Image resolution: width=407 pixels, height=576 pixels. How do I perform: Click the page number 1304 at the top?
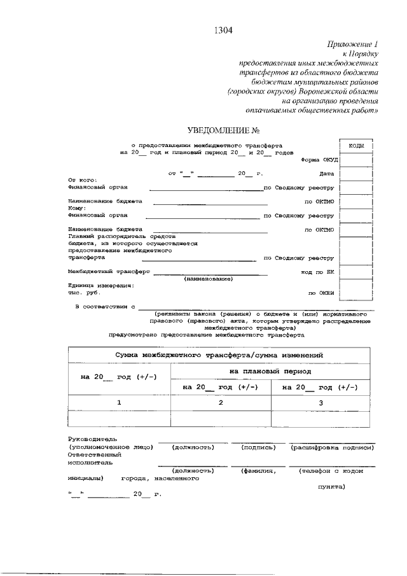pos(224,29)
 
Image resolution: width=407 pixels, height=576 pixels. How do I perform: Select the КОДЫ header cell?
pos(356,146)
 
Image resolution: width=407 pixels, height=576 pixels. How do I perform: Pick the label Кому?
pos(76,208)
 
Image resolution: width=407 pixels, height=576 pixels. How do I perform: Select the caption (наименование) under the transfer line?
pos(209,279)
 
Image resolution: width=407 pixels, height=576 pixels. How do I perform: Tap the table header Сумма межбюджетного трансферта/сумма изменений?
pos(219,355)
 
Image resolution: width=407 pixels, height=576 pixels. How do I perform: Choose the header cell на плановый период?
pos(271,370)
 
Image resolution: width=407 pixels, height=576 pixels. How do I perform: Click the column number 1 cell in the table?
pos(119,403)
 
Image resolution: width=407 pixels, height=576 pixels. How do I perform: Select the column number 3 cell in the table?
pos(321,403)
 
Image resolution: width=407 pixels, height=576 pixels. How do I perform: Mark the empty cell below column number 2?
pos(221,418)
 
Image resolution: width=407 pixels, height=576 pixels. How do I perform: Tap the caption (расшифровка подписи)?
pos(331,447)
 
